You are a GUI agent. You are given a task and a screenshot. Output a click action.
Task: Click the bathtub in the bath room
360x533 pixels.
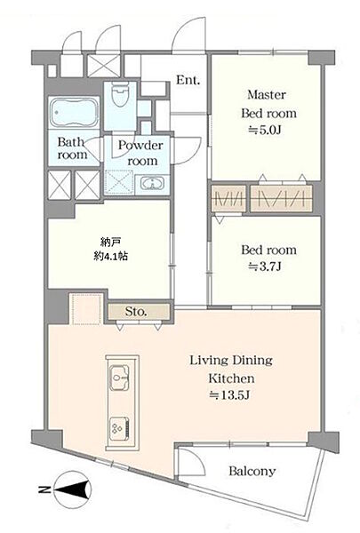point(74,112)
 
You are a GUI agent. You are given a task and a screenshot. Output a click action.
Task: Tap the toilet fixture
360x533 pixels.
point(121,94)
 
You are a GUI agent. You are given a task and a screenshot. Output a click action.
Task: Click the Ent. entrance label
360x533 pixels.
point(188,80)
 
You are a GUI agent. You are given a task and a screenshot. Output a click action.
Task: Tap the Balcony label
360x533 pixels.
point(252,471)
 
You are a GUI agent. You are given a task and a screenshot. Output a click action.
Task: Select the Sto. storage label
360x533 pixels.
point(136,312)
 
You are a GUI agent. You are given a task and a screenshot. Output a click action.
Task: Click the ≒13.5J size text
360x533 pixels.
point(229,395)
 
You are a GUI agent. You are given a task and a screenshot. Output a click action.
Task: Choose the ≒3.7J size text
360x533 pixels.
point(264,267)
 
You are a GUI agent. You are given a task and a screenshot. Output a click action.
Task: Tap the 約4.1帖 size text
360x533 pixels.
point(111,257)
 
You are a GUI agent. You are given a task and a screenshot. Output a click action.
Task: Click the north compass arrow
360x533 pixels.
point(73,489)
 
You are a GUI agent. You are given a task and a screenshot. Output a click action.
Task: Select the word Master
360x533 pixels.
point(267,94)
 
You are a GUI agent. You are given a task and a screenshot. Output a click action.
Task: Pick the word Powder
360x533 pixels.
point(140,146)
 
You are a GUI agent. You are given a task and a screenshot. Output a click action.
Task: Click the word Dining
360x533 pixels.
point(252,361)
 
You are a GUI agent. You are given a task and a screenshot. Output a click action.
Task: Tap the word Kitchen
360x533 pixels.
point(231,378)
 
